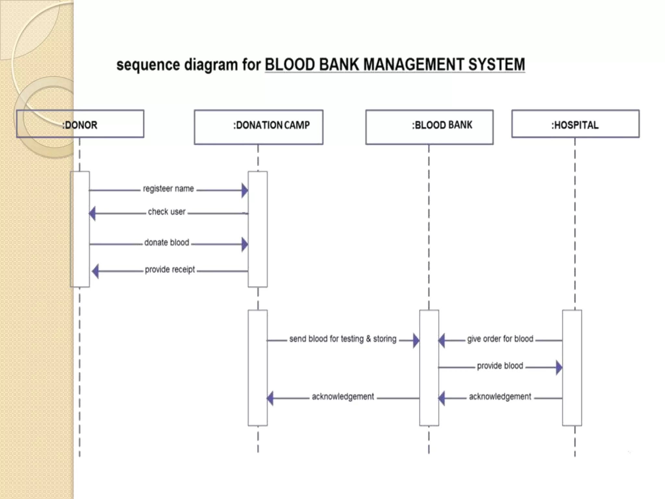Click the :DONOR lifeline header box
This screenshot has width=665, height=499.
[80, 124]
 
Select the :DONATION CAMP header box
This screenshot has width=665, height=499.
[258, 127]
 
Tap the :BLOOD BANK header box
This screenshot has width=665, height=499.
[429, 127]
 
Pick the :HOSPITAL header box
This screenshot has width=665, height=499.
[575, 124]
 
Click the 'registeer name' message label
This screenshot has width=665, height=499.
[168, 189]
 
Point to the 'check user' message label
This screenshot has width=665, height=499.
[167, 212]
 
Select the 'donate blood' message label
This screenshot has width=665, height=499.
[167, 243]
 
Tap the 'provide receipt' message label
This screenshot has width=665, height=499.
[170, 270]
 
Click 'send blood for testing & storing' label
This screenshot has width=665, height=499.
[343, 339]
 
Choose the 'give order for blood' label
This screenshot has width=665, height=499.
[500, 339]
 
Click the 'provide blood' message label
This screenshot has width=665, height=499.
[500, 366]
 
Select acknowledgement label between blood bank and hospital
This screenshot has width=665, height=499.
[500, 397]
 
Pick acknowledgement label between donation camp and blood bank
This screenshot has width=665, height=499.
[343, 397]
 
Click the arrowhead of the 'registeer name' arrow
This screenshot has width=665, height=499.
[245, 190]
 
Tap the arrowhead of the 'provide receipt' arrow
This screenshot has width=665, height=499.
[95, 271]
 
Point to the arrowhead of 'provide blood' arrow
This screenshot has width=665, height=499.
[559, 367]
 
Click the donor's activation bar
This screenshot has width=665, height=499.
[80, 229]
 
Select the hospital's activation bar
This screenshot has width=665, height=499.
[572, 367]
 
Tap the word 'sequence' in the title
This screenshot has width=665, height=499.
[148, 65]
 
